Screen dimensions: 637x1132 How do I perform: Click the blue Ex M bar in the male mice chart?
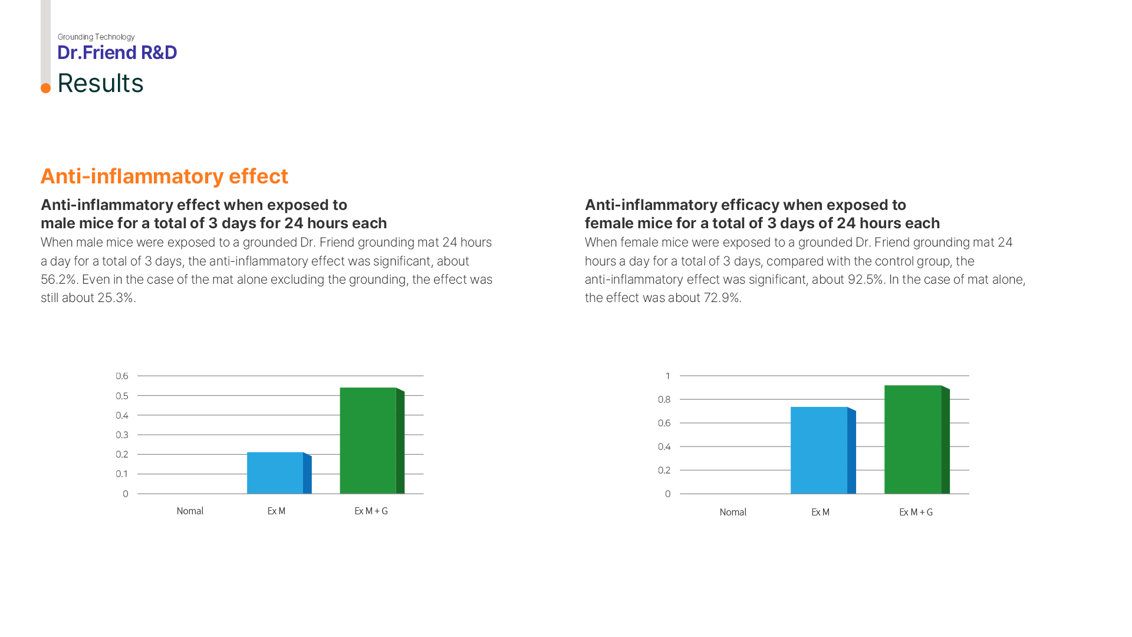[x=275, y=473]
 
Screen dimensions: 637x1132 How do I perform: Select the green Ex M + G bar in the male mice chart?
[x=368, y=441]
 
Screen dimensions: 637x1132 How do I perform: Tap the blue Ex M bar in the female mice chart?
[x=819, y=450]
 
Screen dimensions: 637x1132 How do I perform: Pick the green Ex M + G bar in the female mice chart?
[x=913, y=439]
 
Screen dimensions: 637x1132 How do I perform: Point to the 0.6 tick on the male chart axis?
[x=122, y=376]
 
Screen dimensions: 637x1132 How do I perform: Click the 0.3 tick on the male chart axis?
[x=122, y=435]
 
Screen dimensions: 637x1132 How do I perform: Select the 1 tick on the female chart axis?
[x=667, y=376]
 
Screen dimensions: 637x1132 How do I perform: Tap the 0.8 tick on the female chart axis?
[x=664, y=400]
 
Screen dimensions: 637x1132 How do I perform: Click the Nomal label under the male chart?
[x=190, y=511]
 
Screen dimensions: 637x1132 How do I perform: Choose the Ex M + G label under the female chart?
[x=916, y=513]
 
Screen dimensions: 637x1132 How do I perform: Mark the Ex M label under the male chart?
[x=277, y=511]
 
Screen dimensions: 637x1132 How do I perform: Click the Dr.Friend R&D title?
[x=117, y=53]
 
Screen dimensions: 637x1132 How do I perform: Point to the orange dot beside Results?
[x=45, y=88]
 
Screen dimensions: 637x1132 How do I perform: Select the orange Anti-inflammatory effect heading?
[x=164, y=176]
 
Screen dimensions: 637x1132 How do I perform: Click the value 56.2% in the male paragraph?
[x=58, y=280]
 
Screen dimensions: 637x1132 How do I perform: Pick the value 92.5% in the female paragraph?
[x=865, y=280]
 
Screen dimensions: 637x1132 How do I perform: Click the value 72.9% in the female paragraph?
[x=721, y=298]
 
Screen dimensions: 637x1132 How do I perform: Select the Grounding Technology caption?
[x=96, y=37]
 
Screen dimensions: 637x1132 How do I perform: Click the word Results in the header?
[x=100, y=83]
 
